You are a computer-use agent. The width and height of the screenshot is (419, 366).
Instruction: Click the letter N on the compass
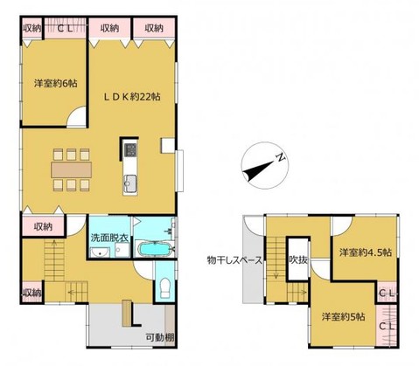(281, 157)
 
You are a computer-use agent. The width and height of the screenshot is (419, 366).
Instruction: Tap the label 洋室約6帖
(56, 84)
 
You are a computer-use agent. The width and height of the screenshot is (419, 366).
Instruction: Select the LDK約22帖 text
(132, 97)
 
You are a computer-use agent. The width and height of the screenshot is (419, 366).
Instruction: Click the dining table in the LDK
(71, 170)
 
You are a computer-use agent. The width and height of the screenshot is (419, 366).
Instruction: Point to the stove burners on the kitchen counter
(130, 149)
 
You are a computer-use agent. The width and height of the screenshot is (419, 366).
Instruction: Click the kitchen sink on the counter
(130, 183)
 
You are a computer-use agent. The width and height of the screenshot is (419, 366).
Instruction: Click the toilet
(165, 287)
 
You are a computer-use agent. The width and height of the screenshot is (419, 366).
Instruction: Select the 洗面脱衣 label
(109, 238)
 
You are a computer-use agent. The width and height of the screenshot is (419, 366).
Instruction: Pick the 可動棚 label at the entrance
(160, 338)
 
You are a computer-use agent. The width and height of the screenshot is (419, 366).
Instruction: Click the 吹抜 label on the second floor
(298, 259)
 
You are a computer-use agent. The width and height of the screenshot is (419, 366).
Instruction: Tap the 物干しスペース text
(234, 260)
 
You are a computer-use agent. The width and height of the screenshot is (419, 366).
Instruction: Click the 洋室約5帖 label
(343, 316)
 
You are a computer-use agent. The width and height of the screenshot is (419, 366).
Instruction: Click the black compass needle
(259, 170)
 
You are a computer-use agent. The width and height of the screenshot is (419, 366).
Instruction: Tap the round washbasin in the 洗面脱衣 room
(100, 252)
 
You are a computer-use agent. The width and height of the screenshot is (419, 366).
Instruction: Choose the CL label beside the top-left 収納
(65, 28)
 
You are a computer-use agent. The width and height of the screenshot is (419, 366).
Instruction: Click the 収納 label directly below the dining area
(43, 226)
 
